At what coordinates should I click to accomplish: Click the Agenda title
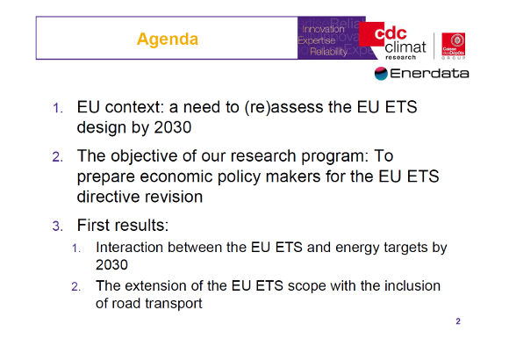pyautogui.click(x=168, y=40)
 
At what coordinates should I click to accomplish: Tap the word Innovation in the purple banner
pyautogui.click(x=322, y=30)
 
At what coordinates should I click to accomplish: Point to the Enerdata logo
pyautogui.click(x=421, y=73)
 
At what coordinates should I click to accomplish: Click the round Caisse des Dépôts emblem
pyautogui.click(x=455, y=40)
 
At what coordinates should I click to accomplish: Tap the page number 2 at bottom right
pyautogui.click(x=458, y=320)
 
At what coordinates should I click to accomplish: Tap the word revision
pyautogui.click(x=176, y=197)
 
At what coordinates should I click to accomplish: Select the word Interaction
pyautogui.click(x=132, y=248)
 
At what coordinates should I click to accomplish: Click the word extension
pyautogui.click(x=155, y=286)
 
